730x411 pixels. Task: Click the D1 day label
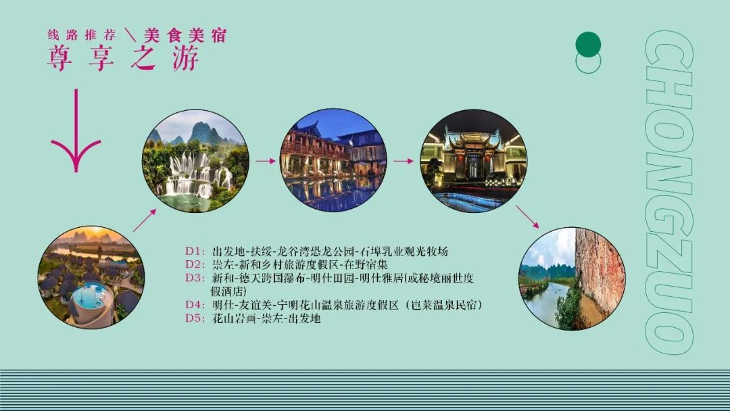pyautogui.click(x=195, y=251)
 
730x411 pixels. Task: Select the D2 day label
pyautogui.click(x=195, y=264)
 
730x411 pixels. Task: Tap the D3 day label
pyautogui.click(x=195, y=278)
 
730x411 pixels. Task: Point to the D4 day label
pyautogui.click(x=195, y=305)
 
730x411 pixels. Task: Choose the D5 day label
pyautogui.click(x=195, y=318)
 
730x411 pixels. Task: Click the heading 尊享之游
pyautogui.click(x=124, y=57)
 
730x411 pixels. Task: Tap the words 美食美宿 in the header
pyautogui.click(x=185, y=35)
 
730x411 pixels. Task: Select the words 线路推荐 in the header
pyautogui.click(x=82, y=35)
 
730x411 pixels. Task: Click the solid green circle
pyautogui.click(x=588, y=45)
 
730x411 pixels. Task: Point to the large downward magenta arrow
pyautogui.click(x=76, y=130)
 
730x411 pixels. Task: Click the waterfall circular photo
pyautogui.click(x=195, y=161)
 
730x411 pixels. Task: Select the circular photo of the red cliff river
pyautogui.click(x=572, y=279)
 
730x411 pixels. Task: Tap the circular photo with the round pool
pyautogui.click(x=91, y=277)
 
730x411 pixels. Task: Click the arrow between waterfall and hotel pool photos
pyautogui.click(x=266, y=161)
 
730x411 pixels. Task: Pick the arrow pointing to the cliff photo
pyautogui.click(x=527, y=217)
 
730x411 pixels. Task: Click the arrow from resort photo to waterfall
pyautogui.click(x=145, y=220)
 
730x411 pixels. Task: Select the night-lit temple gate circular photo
pyautogui.click(x=474, y=161)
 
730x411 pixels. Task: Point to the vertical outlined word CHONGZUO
pyautogui.click(x=669, y=192)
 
